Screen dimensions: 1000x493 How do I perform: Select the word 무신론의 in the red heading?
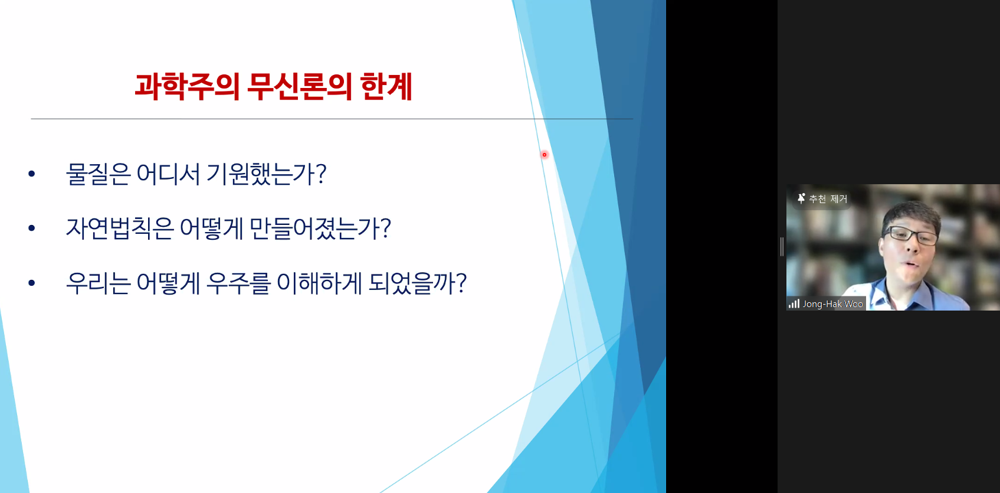point(300,87)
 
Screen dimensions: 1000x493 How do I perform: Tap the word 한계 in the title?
point(386,87)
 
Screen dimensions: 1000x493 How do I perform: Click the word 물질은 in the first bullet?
point(98,174)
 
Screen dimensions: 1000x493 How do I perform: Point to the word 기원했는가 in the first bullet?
point(261,174)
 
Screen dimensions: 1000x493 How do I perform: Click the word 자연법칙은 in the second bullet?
point(119,228)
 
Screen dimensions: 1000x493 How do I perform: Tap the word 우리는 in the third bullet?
point(98,283)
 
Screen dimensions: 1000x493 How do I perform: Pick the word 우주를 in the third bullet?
point(238,283)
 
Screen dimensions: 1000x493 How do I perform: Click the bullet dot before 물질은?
point(32,174)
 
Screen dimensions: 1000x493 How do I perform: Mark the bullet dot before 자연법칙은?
point(32,228)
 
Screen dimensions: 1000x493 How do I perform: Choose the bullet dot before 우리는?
point(32,283)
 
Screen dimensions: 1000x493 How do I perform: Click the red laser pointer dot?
point(544,155)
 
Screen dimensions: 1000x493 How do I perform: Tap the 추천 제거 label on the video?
point(828,199)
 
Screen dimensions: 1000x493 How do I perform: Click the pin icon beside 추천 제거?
point(801,198)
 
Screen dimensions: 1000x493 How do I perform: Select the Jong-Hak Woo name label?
point(832,304)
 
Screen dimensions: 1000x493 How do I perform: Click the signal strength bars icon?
point(794,304)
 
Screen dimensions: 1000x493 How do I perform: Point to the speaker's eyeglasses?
point(911,235)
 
